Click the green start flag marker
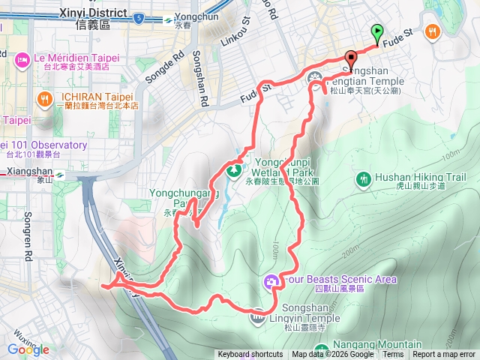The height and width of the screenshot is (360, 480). [x=377, y=33]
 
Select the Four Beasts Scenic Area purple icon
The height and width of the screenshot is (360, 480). [x=271, y=281]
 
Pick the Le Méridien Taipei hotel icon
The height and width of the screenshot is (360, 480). [x=21, y=58]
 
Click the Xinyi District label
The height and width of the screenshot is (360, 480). [x=94, y=19]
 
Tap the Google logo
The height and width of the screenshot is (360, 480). [x=28, y=349]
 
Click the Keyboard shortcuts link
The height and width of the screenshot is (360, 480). [x=250, y=355]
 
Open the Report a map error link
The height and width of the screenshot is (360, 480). [x=445, y=355]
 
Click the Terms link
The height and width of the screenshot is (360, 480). [x=393, y=355]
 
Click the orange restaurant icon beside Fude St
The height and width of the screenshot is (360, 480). [x=432, y=31]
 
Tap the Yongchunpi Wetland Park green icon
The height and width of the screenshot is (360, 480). [x=235, y=171]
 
